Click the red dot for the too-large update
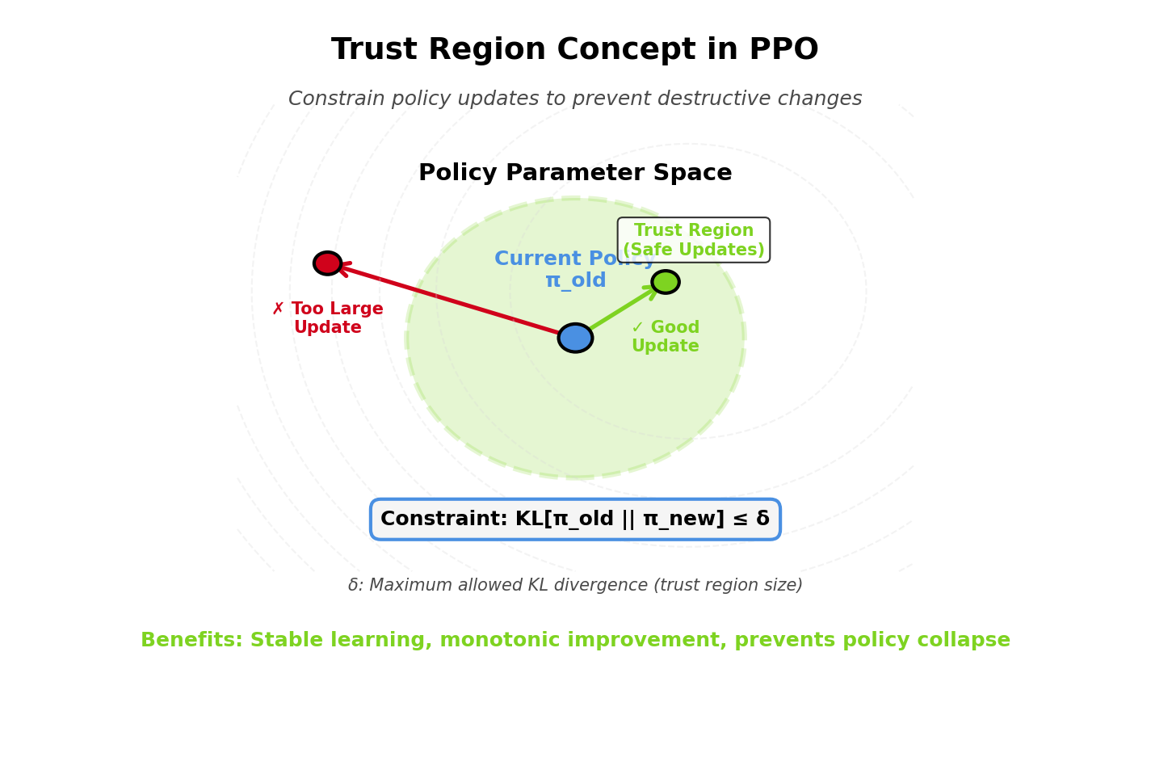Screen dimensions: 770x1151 [x=327, y=263]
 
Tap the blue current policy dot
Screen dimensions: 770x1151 [x=575, y=338]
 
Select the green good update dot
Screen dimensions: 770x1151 [x=666, y=282]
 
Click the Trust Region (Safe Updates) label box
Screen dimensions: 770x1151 [x=694, y=240]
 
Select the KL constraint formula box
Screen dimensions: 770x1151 [x=575, y=520]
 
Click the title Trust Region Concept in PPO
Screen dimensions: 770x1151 [x=575, y=50]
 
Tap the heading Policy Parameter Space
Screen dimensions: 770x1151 [x=575, y=174]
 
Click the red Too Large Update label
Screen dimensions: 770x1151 [x=328, y=318]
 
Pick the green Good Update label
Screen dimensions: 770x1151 [x=666, y=337]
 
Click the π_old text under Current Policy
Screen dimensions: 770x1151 [x=575, y=281]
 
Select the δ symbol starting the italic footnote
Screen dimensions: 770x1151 [x=353, y=586]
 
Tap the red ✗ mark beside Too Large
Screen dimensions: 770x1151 [x=278, y=309]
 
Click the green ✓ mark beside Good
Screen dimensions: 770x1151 [x=637, y=327]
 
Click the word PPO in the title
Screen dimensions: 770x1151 [x=783, y=50]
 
